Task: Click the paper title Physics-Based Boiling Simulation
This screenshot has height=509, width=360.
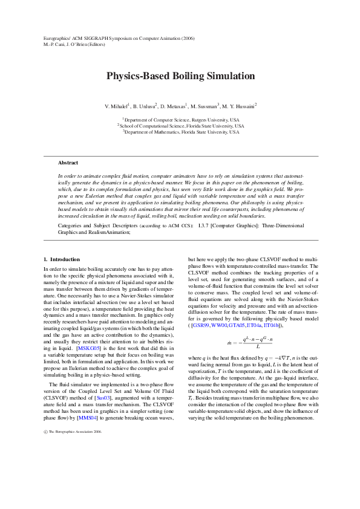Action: pos(180,76)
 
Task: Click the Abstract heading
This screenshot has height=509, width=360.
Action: pos(68,163)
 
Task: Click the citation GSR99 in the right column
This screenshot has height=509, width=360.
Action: pos(203,325)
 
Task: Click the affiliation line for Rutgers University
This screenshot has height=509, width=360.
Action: pos(180,120)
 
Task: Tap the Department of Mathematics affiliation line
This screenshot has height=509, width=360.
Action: pos(180,131)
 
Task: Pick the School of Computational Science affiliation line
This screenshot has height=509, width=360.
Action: pos(180,126)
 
